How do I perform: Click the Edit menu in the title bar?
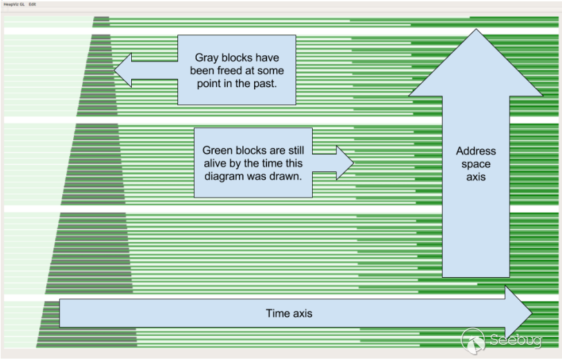click(32, 4)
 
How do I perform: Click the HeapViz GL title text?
click(14, 4)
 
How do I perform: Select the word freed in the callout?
click(226, 70)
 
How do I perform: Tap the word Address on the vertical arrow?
click(476, 151)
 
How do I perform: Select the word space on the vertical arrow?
click(476, 164)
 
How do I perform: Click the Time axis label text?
click(289, 313)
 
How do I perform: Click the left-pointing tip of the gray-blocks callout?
click(115, 70)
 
